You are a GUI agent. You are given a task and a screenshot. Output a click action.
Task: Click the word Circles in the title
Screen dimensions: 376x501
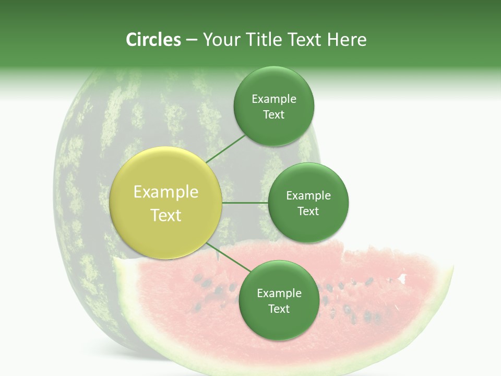pos(153,40)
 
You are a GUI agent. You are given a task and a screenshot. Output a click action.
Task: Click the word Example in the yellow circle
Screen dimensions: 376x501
pos(166,192)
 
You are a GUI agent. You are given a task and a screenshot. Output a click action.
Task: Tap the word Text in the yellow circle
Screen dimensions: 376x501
pos(166,215)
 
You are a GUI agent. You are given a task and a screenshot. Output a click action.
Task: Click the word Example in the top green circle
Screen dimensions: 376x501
pos(274,99)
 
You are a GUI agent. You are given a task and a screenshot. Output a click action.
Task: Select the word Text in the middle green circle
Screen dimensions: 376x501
pos(308,211)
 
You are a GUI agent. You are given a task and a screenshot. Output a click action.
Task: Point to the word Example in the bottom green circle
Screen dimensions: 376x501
pos(279,293)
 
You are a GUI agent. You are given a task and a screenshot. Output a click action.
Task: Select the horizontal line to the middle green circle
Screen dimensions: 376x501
pos(245,203)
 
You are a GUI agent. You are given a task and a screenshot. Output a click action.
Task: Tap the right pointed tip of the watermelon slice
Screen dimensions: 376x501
pos(452,267)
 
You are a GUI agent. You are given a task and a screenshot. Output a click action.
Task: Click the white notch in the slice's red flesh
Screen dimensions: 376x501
pos(402,278)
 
